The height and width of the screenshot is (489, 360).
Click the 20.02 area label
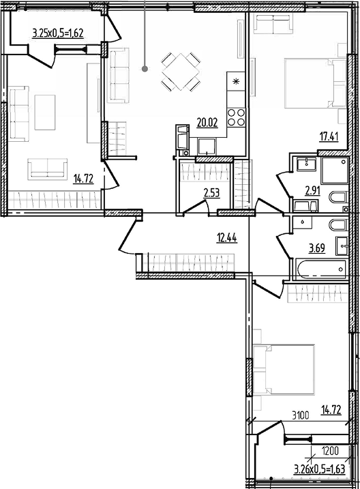point(207,123)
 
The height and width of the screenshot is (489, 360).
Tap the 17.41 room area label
point(329,136)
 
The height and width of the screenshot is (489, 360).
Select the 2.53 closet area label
point(211,193)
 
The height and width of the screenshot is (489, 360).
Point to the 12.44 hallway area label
point(226,238)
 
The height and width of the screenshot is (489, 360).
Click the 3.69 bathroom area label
point(316,248)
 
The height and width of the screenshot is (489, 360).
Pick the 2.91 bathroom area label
point(313,190)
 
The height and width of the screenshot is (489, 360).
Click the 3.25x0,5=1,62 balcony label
point(58,33)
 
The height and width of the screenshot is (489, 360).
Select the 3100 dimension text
point(301,415)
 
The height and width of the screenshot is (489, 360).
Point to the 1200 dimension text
point(330,451)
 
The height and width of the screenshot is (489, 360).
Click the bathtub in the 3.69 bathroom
point(321,269)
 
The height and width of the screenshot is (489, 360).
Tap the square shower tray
point(335,170)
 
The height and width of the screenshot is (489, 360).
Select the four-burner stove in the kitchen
point(236,117)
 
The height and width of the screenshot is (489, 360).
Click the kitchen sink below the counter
point(207,147)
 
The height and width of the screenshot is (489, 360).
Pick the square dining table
point(181,72)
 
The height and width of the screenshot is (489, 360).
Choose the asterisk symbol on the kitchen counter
point(236,82)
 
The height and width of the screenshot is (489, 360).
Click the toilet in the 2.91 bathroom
point(338,197)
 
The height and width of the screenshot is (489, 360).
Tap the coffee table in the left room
point(45,113)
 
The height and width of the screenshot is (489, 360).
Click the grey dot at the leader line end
point(145,69)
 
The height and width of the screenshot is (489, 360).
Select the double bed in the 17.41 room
point(316,84)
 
